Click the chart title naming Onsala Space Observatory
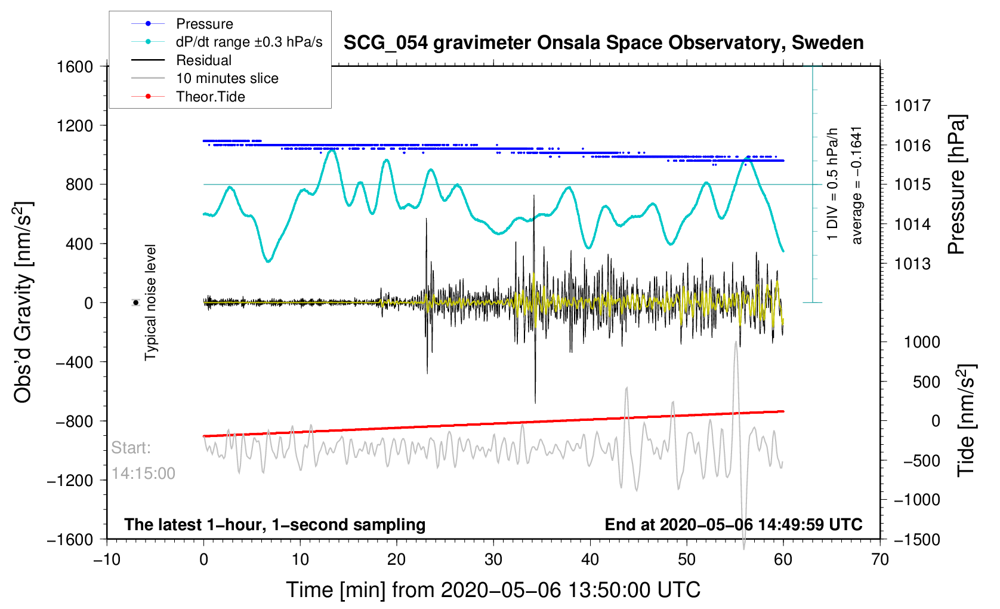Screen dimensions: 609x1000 tap(603, 43)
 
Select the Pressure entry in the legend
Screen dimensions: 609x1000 tap(204, 24)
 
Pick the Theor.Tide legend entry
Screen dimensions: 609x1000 tap(210, 97)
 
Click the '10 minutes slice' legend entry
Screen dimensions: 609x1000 tap(227, 78)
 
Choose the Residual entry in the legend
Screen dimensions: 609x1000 tap(203, 60)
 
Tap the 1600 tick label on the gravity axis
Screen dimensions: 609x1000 tap(75, 66)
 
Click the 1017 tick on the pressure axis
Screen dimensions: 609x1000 tap(912, 106)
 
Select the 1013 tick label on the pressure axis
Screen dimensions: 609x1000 tap(912, 263)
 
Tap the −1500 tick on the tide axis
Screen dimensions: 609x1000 tap(916, 539)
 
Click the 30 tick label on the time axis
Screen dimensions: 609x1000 tap(493, 559)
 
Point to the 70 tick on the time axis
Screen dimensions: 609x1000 tap(879, 559)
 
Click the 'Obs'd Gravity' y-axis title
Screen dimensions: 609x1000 tap(23, 302)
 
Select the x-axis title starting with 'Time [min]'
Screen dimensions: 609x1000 tap(493, 590)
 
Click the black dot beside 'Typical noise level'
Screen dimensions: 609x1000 tap(136, 303)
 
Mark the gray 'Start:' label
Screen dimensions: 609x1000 tap(131, 448)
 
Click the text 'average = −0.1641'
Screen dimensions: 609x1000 tap(857, 185)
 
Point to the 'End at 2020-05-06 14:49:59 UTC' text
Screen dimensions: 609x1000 tap(733, 525)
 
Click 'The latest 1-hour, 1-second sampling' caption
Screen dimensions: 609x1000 tap(274, 525)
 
